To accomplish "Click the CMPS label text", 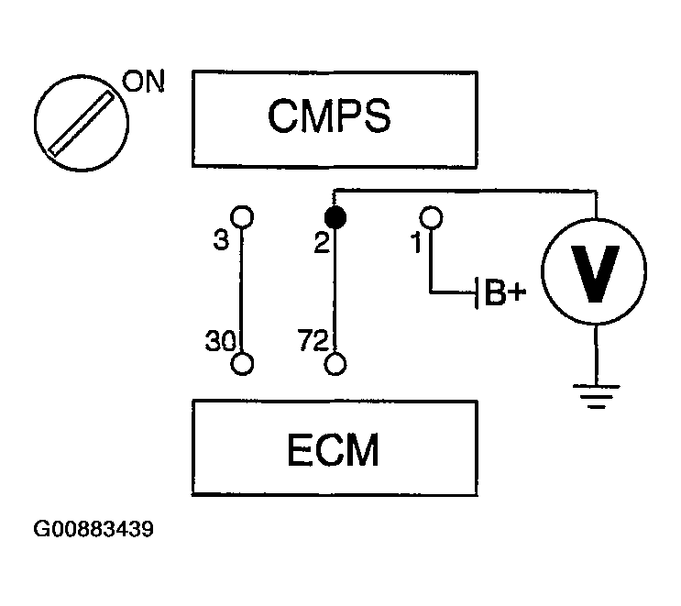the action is tap(329, 116).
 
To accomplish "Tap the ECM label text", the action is tap(333, 450).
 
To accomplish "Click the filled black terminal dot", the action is tap(335, 217).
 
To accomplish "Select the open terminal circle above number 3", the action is tap(242, 216).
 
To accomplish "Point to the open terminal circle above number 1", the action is tap(431, 217).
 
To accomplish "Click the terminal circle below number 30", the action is tap(242, 364).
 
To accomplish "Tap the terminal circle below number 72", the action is tap(335, 364).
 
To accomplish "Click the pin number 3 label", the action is tap(221, 240).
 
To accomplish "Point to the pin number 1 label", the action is tap(416, 242).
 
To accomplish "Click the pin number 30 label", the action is tap(220, 340).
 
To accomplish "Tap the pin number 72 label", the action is tap(313, 340).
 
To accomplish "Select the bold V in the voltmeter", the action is tap(595, 274).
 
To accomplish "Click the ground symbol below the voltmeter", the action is tap(597, 396).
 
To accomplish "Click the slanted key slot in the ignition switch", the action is tap(81, 123).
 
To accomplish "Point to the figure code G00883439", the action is tap(93, 529).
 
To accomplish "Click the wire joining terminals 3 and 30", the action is tap(241, 291).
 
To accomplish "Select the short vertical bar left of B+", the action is tap(477, 292).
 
